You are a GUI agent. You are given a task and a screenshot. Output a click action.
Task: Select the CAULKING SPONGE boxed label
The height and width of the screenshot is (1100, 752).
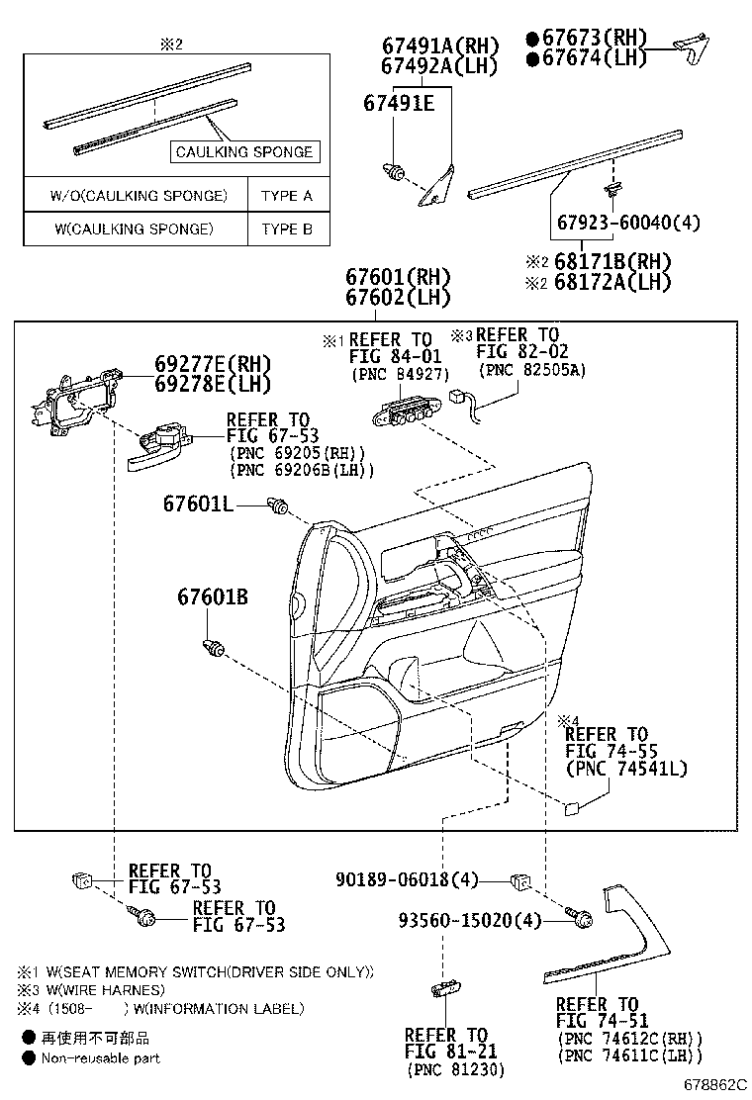coord(243,151)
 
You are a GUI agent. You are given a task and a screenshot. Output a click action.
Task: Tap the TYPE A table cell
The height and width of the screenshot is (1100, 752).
coord(286,195)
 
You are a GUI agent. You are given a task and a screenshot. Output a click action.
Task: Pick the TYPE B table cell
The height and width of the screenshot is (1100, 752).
coord(286,229)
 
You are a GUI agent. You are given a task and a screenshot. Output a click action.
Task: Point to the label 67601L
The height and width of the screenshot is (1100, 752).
coord(198,504)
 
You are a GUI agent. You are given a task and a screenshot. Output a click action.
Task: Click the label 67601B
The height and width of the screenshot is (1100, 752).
coord(213,597)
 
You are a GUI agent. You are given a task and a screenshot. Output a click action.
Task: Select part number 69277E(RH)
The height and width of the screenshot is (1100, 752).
coord(212,364)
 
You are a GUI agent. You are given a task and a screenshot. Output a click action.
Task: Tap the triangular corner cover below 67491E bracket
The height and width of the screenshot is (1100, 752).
coord(435,188)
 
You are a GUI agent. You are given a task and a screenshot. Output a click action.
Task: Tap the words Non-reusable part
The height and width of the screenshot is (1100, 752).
coord(100,1057)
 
